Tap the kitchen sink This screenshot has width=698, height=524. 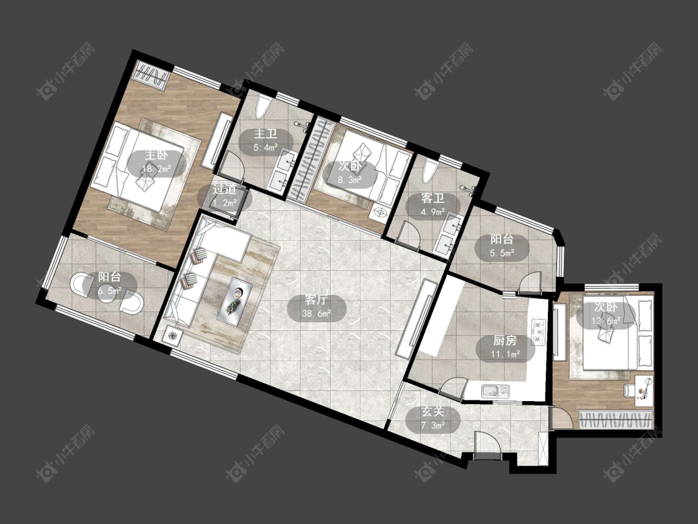coord(494,391)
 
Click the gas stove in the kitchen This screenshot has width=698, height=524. coord(538,332)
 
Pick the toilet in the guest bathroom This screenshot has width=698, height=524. coord(429,171)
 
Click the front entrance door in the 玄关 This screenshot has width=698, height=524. coord(488,446)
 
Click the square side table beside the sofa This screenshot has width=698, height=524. coord(173,335)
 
